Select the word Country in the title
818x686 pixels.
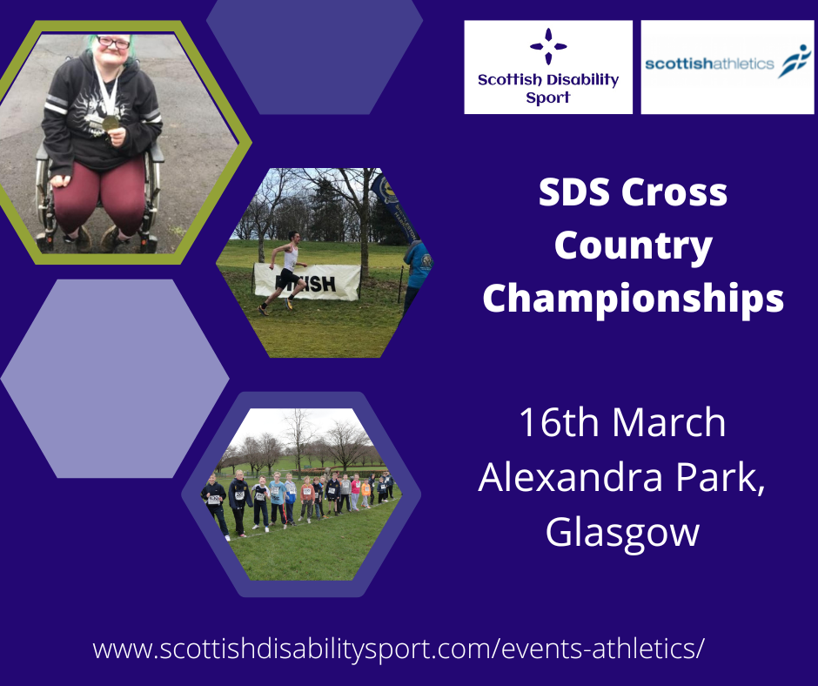(633, 246)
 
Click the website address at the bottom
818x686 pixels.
(398, 649)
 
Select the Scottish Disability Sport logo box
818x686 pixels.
(548, 67)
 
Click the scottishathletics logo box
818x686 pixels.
(727, 67)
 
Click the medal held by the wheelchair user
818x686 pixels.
(111, 123)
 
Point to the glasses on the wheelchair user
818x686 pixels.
(113, 42)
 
